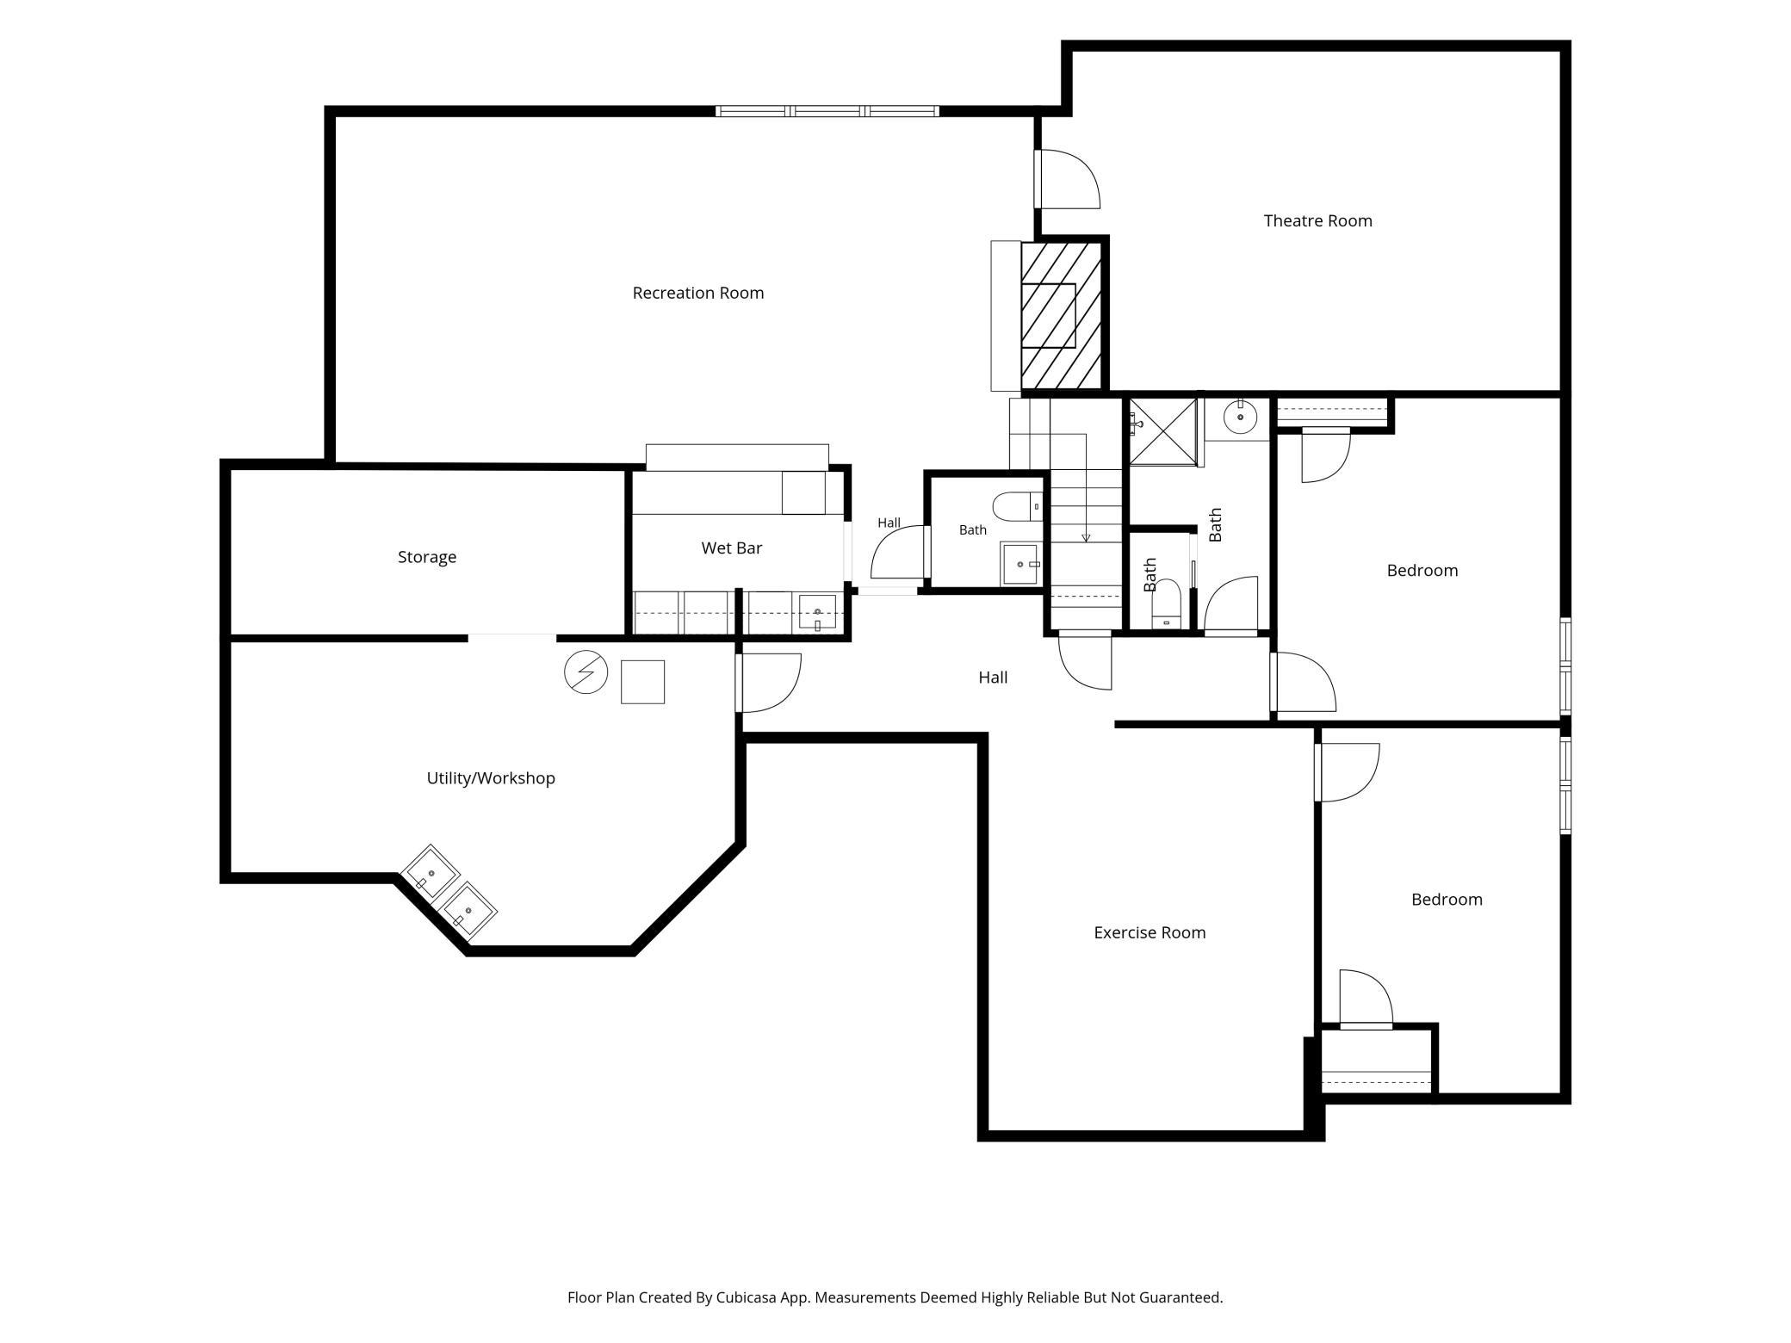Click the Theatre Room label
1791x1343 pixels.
coord(1317,221)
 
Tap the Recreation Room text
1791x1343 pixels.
coord(698,294)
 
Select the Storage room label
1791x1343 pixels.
coord(427,558)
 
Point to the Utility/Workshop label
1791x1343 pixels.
coord(491,778)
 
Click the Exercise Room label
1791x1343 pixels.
coord(1150,932)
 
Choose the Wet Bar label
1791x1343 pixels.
coord(732,548)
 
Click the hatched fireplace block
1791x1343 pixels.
coord(1061,315)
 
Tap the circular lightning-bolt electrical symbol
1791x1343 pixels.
coord(586,672)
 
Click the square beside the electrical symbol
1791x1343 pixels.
coord(642,682)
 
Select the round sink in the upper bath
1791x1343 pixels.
coord(1241,418)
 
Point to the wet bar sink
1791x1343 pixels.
coord(817,612)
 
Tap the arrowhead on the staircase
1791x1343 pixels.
coord(1086,538)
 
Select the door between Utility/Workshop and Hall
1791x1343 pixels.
coord(769,683)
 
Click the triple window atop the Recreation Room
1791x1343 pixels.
coord(827,111)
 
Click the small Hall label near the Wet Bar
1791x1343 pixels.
coord(889,523)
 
